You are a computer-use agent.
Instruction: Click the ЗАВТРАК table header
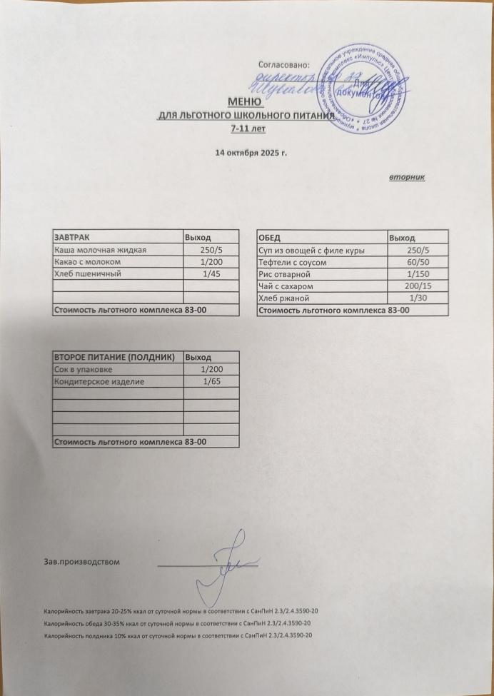point(71,237)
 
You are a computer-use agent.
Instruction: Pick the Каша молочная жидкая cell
point(101,250)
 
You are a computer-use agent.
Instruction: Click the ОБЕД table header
point(269,237)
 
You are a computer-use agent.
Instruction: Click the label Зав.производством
point(81,562)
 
